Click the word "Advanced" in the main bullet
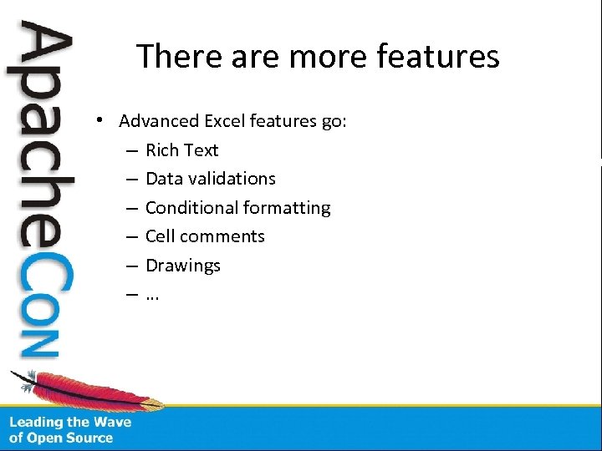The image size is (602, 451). [157, 121]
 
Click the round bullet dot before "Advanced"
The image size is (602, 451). [99, 120]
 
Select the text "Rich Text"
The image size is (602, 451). [181, 150]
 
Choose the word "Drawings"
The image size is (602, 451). [182, 266]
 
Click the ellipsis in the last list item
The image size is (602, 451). [152, 296]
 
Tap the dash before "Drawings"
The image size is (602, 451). [134, 266]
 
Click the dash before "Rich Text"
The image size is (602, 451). [134, 150]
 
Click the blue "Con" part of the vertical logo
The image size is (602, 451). [42, 301]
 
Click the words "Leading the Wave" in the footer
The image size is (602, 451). [70, 422]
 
